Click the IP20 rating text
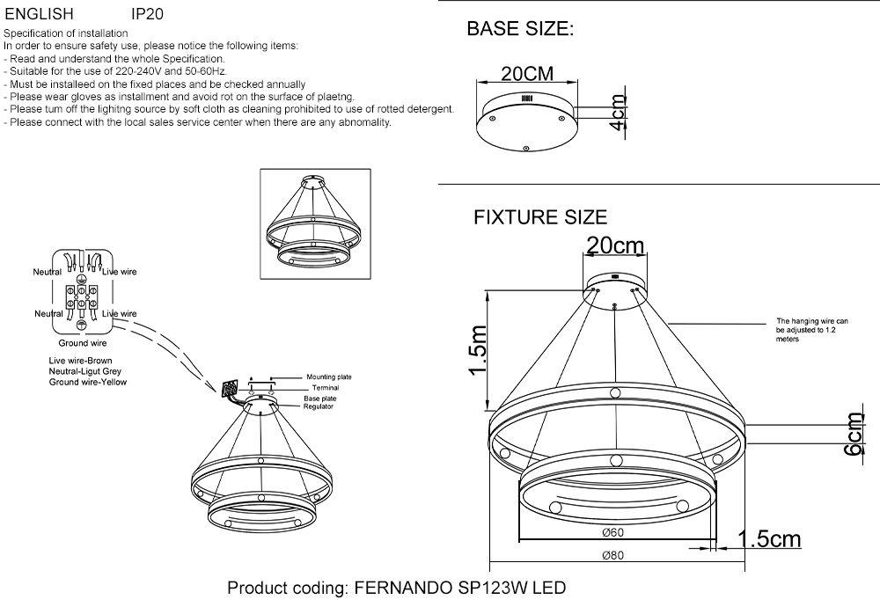pyautogui.click(x=147, y=13)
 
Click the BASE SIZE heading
pyautogui.click(x=520, y=29)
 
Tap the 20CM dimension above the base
pyautogui.click(x=527, y=74)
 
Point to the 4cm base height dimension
pyautogui.click(x=618, y=112)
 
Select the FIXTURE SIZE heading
pyautogui.click(x=540, y=217)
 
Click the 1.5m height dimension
pyautogui.click(x=478, y=350)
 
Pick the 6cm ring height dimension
pyautogui.click(x=854, y=435)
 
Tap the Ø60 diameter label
pyautogui.click(x=612, y=532)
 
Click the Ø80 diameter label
pyautogui.click(x=612, y=555)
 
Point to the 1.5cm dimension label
pyautogui.click(x=769, y=539)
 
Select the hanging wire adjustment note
pyautogui.click(x=812, y=330)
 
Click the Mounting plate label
pyautogui.click(x=329, y=377)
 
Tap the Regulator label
pyautogui.click(x=319, y=406)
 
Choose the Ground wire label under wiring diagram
pyautogui.click(x=83, y=343)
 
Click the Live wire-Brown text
pyautogui.click(x=80, y=361)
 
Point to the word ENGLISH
pyautogui.click(x=40, y=13)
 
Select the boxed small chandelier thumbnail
pyautogui.click(x=315, y=223)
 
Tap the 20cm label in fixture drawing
pyautogui.click(x=615, y=245)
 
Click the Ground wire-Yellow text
pyautogui.click(x=87, y=382)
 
